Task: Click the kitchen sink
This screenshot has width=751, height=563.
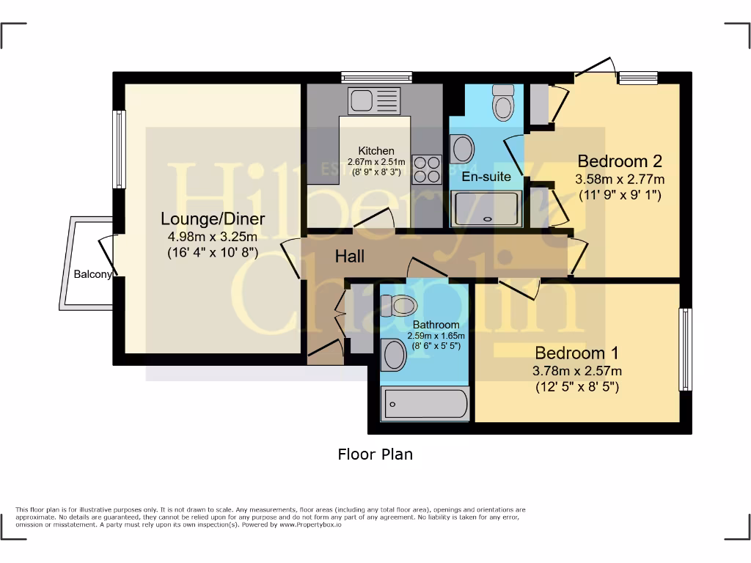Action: point(374,100)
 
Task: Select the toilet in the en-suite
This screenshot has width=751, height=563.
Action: point(503,102)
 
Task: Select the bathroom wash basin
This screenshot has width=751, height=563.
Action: point(394,356)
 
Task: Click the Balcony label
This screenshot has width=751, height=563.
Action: point(92,275)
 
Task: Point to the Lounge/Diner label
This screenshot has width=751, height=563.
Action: point(213,218)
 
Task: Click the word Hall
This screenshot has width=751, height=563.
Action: point(350,257)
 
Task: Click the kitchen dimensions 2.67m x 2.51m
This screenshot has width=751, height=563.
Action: point(376,162)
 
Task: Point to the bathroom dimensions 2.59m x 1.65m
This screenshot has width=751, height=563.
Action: point(436,336)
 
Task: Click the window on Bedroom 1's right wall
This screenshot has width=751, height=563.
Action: point(685,350)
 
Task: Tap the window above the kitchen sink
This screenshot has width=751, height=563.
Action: point(377,76)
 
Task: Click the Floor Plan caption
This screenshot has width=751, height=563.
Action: point(375,455)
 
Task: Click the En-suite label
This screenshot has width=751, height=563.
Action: point(486,177)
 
